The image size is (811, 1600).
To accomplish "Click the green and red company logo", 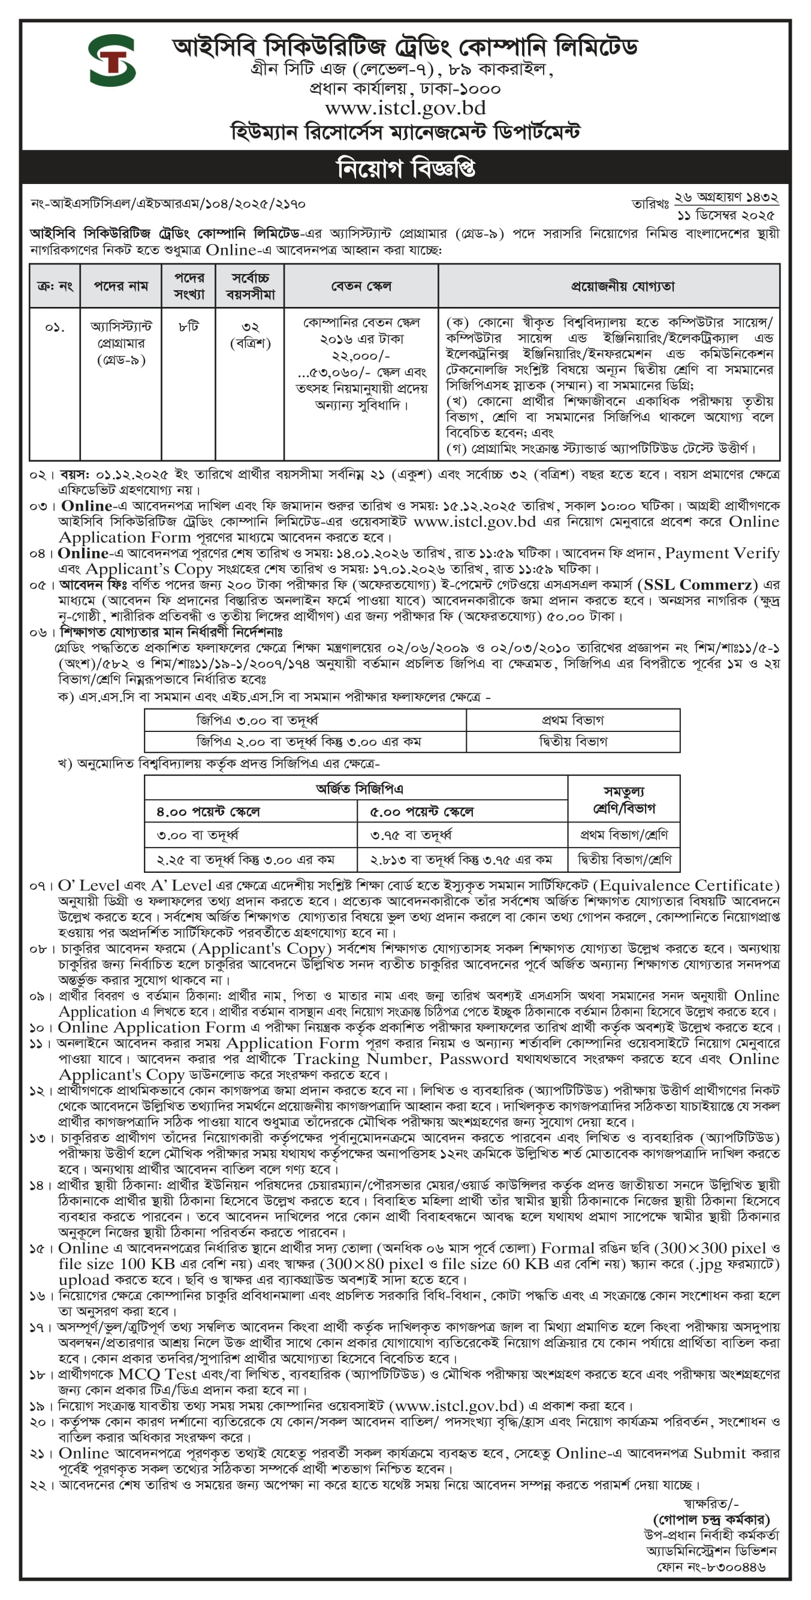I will click(x=111, y=61).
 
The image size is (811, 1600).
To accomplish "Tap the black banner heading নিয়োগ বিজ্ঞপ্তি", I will click(x=405, y=168).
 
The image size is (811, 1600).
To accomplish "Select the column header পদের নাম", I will click(x=121, y=286).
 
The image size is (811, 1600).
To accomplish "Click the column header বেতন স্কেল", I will click(x=361, y=286).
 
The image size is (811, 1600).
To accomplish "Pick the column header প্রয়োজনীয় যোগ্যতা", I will click(x=622, y=286).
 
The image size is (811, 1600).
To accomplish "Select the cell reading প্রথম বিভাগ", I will click(x=572, y=720).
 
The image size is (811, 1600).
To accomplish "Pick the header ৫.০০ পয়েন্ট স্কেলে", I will click(x=421, y=811).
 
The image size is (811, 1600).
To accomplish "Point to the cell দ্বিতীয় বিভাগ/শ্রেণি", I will click(x=624, y=860).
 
